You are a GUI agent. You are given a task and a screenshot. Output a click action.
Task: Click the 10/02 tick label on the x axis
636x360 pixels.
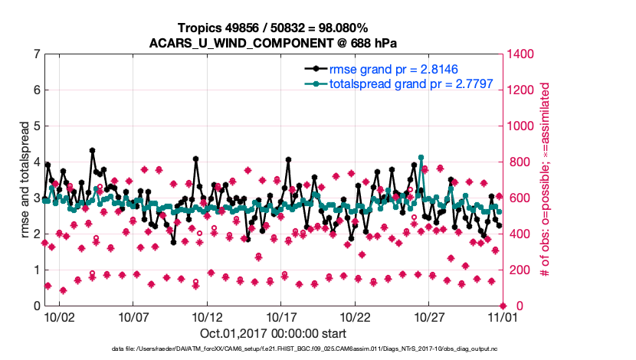tap(59, 316)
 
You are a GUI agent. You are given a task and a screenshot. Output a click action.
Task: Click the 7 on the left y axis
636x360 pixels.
tap(37, 54)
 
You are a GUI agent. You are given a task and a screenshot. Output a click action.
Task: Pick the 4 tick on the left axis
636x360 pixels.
tap(37, 162)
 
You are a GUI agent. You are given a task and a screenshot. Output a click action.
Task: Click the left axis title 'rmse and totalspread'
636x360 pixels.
tap(25, 180)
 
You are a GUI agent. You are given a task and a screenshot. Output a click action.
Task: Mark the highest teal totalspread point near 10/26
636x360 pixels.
tap(421, 158)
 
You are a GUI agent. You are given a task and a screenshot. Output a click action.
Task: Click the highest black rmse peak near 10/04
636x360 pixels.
tap(92, 151)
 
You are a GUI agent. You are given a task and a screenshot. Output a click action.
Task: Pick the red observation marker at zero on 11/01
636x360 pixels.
tap(502, 305)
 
